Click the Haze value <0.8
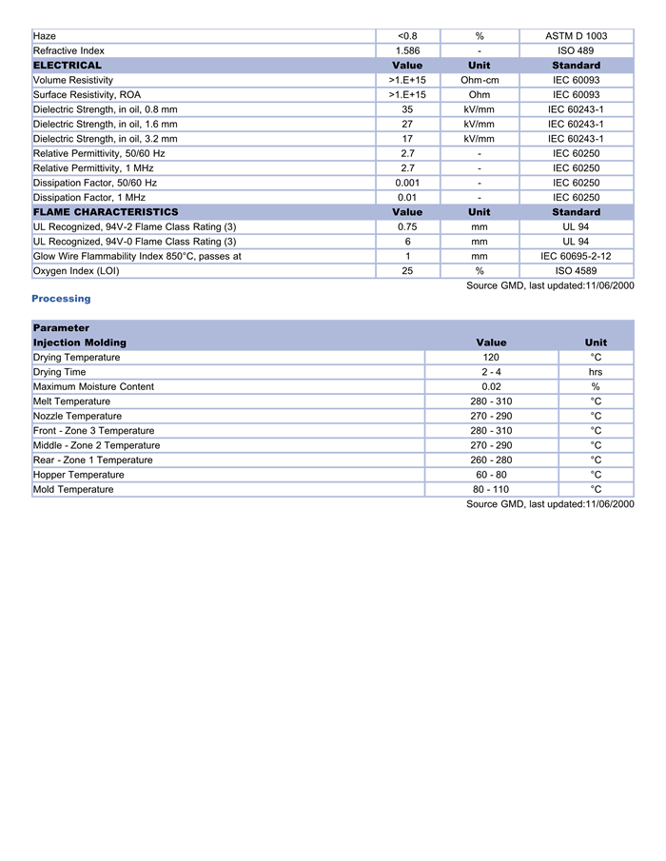(407, 36)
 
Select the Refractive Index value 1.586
(407, 50)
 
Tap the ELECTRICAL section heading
(68, 66)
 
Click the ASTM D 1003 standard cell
(576, 36)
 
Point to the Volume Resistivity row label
(73, 80)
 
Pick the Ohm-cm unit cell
(480, 80)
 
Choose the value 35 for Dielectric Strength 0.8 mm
(407, 109)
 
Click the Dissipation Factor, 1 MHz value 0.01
(407, 198)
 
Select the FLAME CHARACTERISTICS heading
(106, 212)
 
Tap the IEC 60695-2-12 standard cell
(576, 256)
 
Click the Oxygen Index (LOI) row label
(77, 271)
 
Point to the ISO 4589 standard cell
(576, 271)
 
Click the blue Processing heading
(61, 299)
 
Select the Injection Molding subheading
(80, 342)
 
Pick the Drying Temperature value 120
(491, 358)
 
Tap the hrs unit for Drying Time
(596, 372)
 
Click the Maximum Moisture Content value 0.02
(491, 387)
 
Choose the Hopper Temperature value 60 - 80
(491, 475)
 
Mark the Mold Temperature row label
(73, 490)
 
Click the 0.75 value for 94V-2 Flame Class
(407, 227)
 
